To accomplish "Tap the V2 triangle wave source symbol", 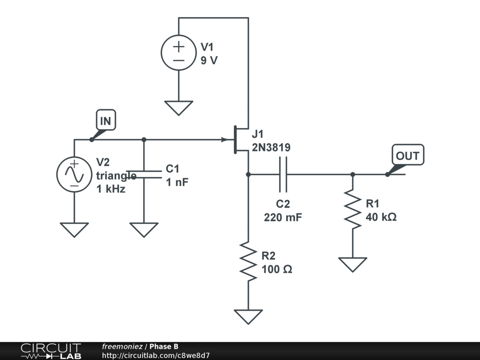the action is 74,174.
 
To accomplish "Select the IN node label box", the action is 106,120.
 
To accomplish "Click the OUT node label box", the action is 408,155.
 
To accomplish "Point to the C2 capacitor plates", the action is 283,174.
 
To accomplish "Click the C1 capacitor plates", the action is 144,174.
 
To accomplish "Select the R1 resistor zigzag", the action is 352,210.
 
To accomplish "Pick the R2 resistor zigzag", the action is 248,262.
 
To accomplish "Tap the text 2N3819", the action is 271,148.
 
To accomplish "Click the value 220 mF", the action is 283,217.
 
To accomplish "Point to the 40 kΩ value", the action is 381,217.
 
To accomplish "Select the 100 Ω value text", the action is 277,270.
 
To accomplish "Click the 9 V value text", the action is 209,60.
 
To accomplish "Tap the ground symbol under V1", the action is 179,108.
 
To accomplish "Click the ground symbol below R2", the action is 248,317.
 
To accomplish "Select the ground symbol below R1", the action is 352,264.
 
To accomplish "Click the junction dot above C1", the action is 144,140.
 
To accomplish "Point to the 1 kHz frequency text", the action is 111,189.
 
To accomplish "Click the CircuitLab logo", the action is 51,351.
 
